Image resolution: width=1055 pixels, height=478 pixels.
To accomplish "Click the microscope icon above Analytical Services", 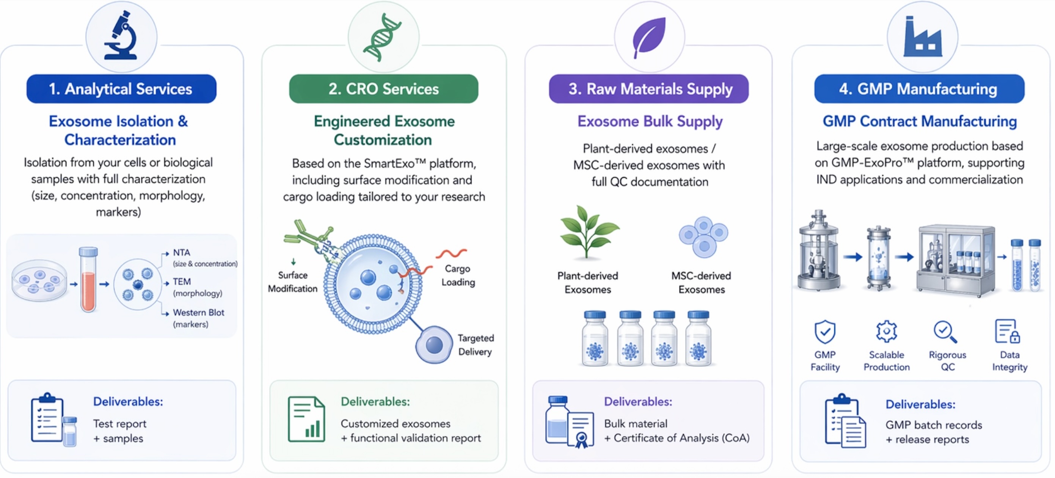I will click(x=121, y=36).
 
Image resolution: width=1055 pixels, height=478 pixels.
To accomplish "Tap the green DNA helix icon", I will click(x=383, y=37).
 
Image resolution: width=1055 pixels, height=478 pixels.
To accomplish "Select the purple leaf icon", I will click(x=649, y=37).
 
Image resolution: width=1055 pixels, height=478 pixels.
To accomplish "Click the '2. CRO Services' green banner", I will click(x=383, y=89).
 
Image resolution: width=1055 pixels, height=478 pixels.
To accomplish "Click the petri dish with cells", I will click(x=39, y=281).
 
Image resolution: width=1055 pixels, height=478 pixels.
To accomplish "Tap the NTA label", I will click(x=181, y=253).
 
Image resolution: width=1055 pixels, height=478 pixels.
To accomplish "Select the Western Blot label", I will click(x=198, y=313).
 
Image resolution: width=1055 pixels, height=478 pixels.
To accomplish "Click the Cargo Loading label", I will click(x=458, y=275).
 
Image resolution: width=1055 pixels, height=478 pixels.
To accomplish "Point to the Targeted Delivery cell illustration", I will click(x=434, y=344).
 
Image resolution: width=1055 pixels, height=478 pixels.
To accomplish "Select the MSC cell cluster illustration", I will click(x=703, y=237).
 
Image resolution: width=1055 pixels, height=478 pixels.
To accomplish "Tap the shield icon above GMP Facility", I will click(x=824, y=332).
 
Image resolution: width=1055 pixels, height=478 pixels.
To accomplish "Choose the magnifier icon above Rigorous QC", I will click(x=945, y=332).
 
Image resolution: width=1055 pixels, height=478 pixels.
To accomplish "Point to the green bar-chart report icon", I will click(x=306, y=419).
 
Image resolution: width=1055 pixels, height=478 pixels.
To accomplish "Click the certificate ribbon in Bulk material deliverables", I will click(x=581, y=440).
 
